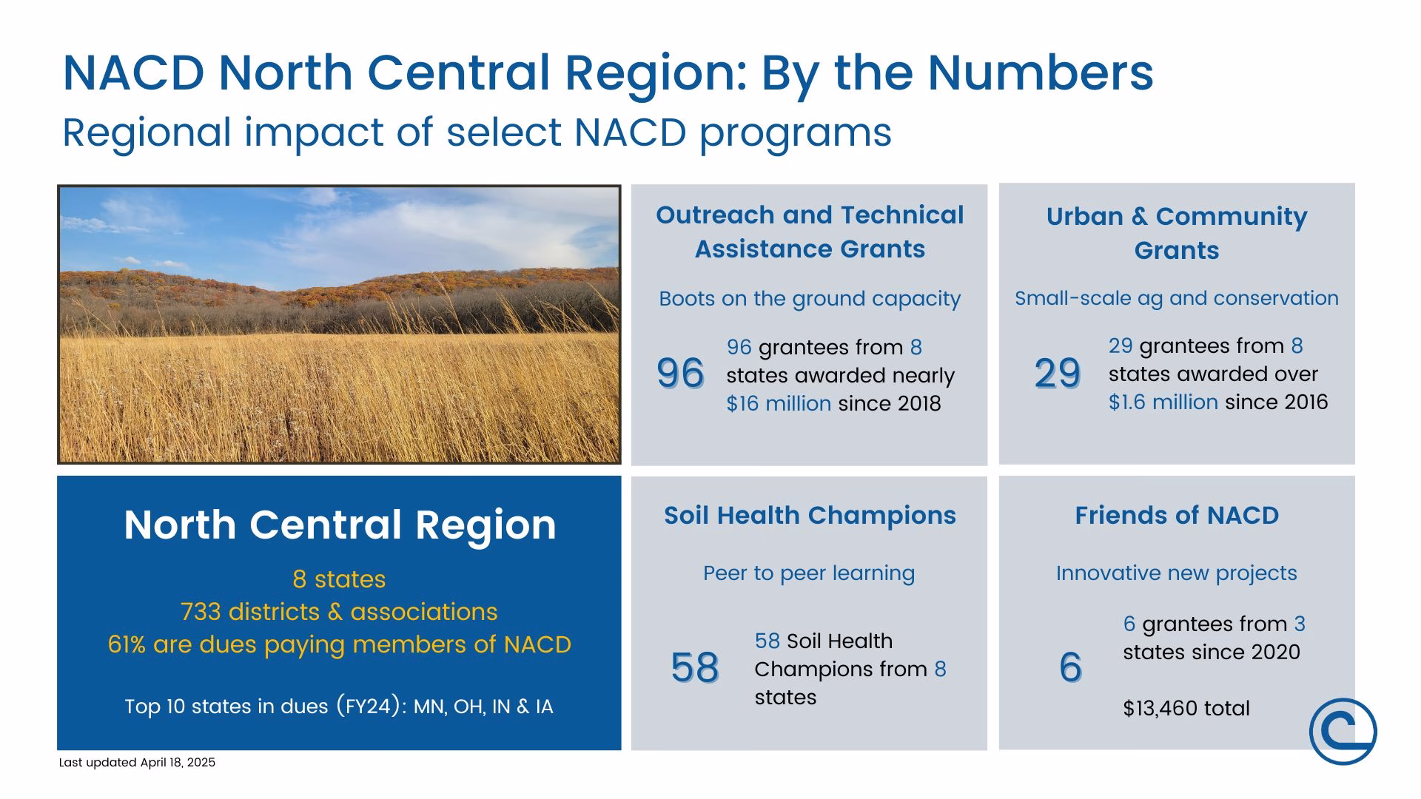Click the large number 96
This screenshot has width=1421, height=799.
click(680, 373)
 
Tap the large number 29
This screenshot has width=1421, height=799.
click(1058, 373)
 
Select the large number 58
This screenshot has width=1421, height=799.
click(695, 667)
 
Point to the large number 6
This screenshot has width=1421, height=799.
click(1070, 667)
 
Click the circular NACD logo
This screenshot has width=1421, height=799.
click(1343, 731)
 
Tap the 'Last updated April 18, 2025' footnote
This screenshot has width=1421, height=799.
click(137, 763)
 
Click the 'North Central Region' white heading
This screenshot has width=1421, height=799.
click(340, 525)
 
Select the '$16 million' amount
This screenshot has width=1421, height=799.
click(779, 403)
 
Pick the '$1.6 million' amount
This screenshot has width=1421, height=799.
click(1163, 402)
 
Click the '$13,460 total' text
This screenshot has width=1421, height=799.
click(1186, 708)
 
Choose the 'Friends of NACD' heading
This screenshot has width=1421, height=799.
click(1177, 515)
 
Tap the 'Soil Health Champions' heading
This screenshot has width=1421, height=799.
click(810, 515)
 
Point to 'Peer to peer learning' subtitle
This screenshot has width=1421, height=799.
click(809, 573)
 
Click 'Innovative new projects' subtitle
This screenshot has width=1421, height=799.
click(1177, 573)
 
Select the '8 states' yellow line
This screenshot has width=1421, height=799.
click(339, 579)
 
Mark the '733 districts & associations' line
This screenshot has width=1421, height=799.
click(339, 612)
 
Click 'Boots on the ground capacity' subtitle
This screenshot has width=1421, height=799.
click(810, 299)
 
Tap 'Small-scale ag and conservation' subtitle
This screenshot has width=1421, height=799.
click(1177, 298)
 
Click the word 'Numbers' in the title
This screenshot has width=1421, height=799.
click(1040, 73)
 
